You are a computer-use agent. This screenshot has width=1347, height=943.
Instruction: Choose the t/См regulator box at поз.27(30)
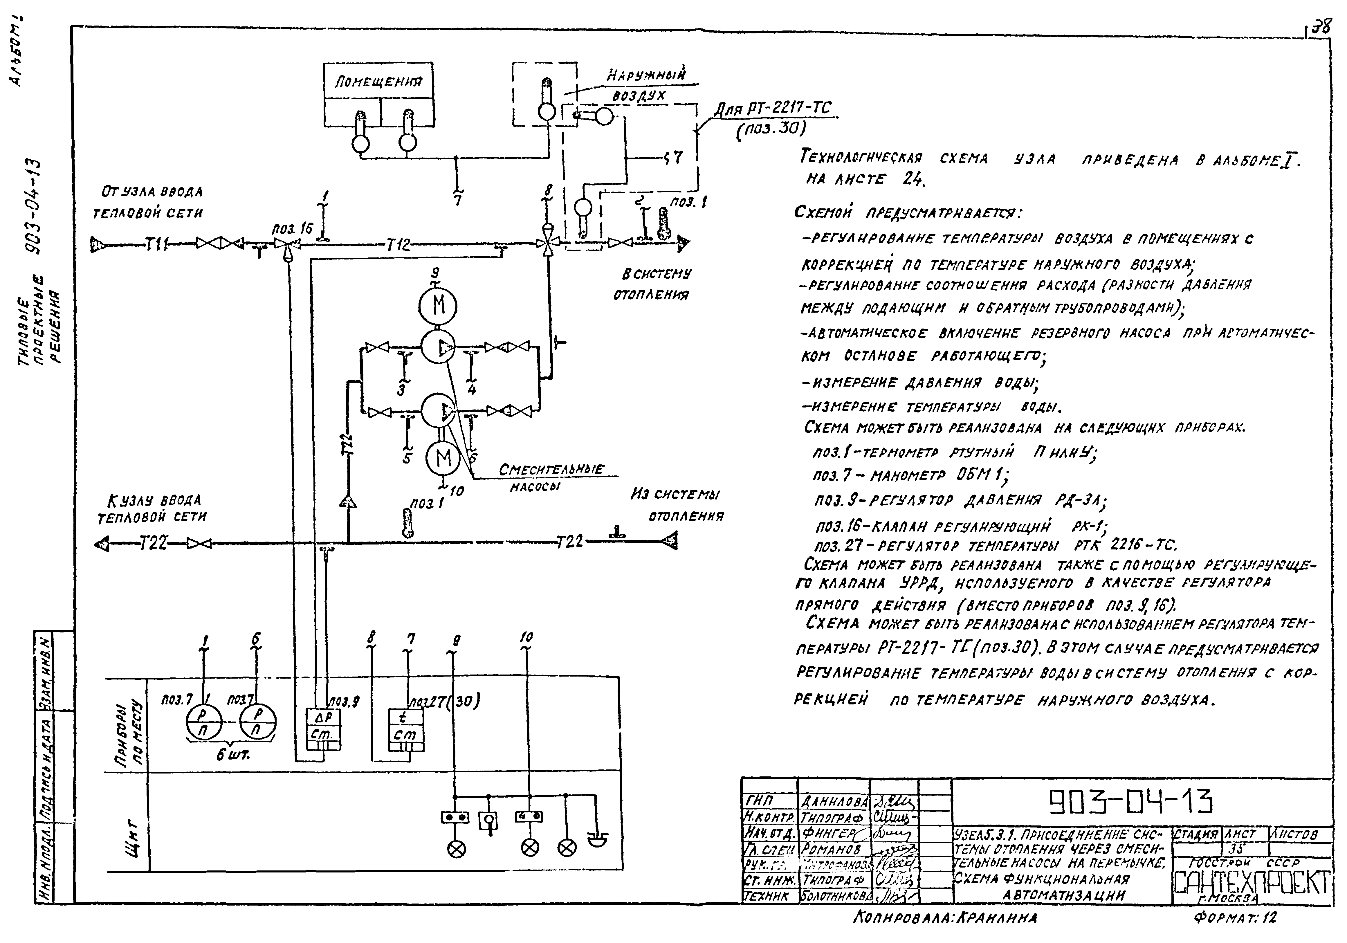coord(407,726)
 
